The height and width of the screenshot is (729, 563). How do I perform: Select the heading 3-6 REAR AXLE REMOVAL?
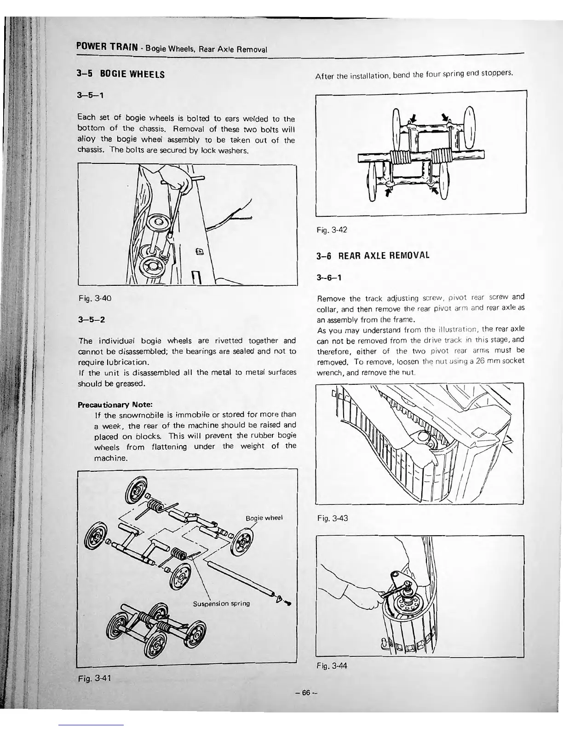[373, 255]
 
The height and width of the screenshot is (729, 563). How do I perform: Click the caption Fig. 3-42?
[331, 231]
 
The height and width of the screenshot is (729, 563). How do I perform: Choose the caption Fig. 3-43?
[332, 518]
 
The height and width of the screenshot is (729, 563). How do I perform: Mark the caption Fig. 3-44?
[331, 666]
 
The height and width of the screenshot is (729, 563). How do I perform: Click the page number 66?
[307, 692]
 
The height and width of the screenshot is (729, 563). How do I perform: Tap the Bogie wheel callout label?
[264, 518]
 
